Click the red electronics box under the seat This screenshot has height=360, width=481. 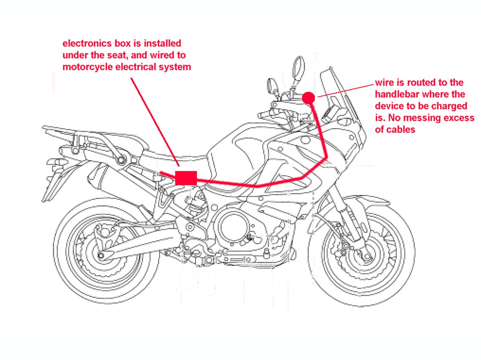(x=186, y=177)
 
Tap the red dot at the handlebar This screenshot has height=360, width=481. (x=309, y=98)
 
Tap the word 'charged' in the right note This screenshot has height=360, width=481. (x=452, y=106)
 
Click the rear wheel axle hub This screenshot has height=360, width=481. (x=101, y=255)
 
